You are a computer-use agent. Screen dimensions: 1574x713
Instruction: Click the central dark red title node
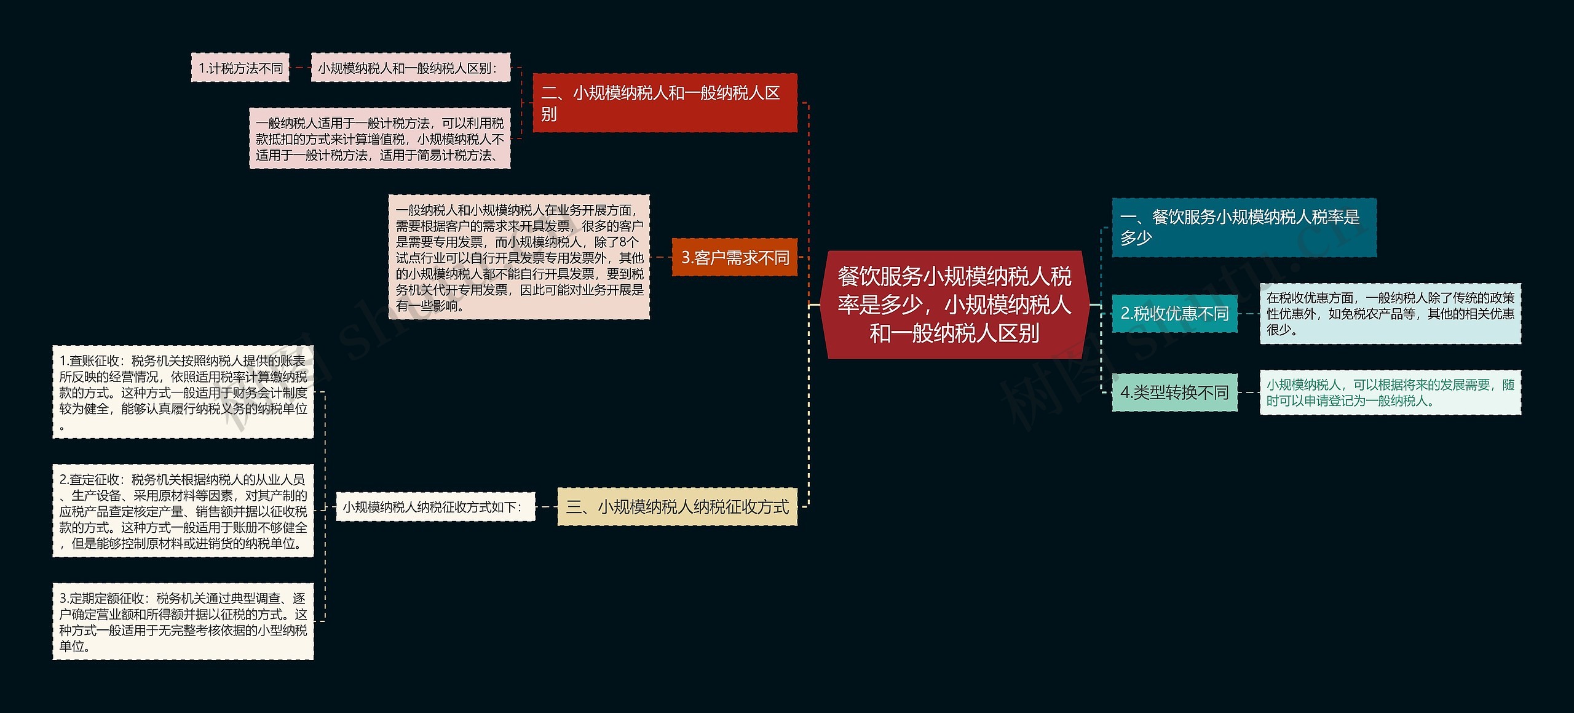coord(955,305)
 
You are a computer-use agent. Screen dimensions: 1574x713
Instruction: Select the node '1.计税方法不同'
coord(240,68)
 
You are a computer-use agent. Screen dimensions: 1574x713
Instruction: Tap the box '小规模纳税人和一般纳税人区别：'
coord(411,68)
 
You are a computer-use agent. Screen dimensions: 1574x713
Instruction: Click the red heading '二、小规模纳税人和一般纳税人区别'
coord(664,103)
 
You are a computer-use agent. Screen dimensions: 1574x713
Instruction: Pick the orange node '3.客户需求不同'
coord(734,257)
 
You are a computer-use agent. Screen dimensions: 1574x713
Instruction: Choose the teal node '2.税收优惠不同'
coord(1174,313)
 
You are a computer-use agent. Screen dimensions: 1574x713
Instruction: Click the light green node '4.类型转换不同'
coord(1174,392)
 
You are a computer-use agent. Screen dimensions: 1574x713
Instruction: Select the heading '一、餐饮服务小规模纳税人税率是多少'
coord(1243,227)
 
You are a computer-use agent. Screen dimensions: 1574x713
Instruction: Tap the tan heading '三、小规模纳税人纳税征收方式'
coord(677,506)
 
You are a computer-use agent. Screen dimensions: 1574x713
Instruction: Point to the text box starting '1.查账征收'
coord(183,392)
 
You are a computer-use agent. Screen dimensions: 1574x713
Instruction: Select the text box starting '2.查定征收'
coord(183,511)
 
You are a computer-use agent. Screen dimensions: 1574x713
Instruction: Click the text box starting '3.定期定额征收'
coord(183,621)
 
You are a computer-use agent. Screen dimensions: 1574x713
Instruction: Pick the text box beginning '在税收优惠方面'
coord(1390,313)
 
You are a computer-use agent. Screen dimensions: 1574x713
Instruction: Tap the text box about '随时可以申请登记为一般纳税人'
coord(1390,392)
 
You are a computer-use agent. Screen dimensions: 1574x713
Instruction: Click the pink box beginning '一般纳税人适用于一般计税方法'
coord(379,138)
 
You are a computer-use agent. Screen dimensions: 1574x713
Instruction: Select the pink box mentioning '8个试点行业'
coord(519,257)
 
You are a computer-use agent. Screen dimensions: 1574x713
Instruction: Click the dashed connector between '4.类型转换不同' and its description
coord(1248,392)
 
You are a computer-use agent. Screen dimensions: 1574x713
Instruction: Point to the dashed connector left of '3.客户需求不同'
coord(660,257)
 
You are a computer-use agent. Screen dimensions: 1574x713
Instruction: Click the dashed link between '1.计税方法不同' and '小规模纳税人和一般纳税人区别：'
coord(300,68)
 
